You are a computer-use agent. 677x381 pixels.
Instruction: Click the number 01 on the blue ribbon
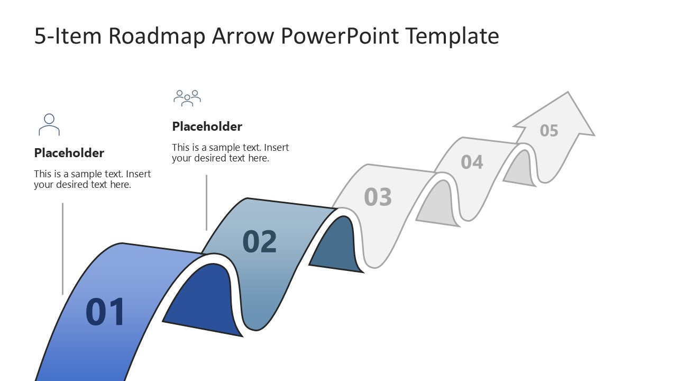click(105, 312)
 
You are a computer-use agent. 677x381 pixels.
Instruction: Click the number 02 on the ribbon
click(260, 241)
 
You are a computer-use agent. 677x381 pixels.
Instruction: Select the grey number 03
click(378, 197)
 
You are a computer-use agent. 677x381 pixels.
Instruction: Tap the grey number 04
click(472, 161)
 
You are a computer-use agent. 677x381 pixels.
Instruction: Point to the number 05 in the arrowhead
click(549, 130)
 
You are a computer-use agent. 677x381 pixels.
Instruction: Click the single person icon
click(49, 125)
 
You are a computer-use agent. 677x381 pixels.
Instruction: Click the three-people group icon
click(187, 98)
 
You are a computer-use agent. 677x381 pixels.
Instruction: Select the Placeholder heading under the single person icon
click(69, 153)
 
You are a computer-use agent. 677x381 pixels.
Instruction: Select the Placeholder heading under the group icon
click(207, 126)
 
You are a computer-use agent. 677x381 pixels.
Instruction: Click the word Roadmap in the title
click(157, 36)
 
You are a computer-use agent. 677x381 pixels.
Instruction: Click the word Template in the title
click(452, 36)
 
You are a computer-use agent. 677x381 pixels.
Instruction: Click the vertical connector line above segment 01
click(62, 249)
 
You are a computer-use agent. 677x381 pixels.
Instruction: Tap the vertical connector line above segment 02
click(206, 203)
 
